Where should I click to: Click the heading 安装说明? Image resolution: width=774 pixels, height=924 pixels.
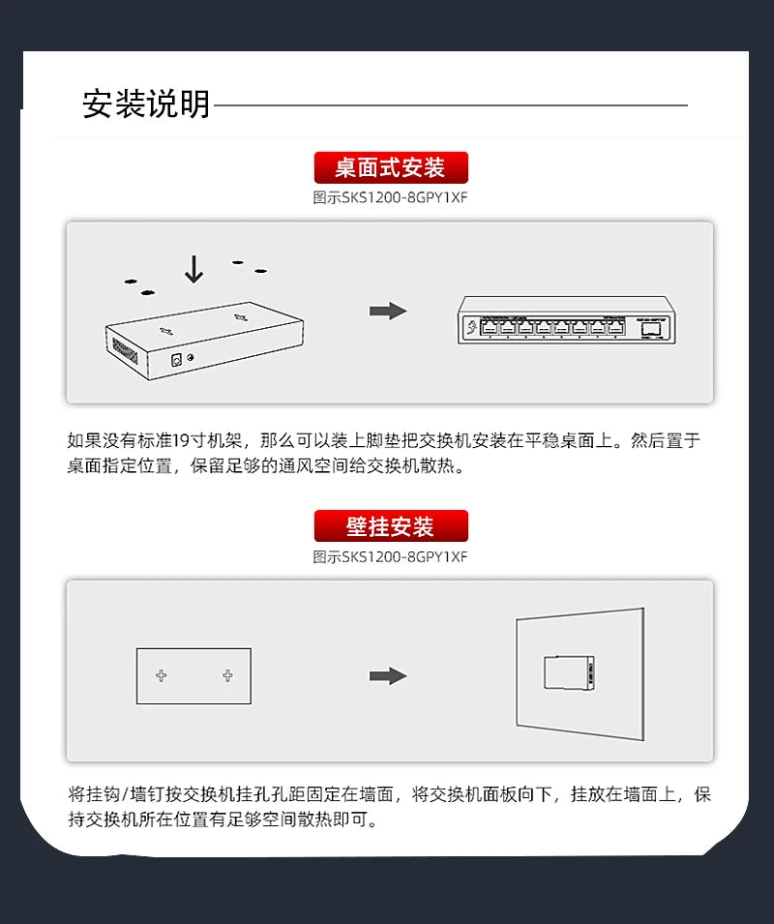point(146,104)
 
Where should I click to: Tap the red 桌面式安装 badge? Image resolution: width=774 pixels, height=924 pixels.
point(391,168)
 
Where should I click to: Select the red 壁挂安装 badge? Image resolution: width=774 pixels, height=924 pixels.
point(391,526)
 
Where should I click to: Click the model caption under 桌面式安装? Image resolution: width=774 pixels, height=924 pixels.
point(391,197)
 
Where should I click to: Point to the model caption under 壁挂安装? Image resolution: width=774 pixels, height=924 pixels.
point(391,556)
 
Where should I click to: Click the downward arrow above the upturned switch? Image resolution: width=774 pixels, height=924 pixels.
point(193,269)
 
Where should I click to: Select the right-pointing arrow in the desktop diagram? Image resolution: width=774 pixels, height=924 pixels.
point(388,311)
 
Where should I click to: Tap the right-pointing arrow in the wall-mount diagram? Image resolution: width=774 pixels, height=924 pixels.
point(388,675)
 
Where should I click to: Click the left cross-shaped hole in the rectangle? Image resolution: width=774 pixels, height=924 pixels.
point(162,675)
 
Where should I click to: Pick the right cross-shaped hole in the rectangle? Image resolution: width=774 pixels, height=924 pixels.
point(227,675)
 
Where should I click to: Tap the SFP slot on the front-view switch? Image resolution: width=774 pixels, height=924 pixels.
point(650,328)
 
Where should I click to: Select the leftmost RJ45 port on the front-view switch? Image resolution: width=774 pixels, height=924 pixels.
point(490,328)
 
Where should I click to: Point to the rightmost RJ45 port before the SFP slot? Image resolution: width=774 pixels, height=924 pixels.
point(615,328)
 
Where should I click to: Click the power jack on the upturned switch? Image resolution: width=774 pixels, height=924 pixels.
point(177,360)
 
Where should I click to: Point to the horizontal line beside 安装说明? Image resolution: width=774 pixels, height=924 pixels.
point(450,104)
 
